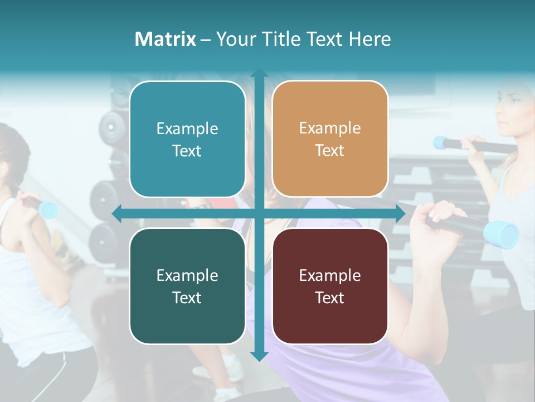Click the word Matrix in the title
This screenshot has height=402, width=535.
165,39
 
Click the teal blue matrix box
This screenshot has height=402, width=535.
187,139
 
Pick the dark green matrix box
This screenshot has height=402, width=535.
187,286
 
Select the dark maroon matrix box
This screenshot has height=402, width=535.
330,286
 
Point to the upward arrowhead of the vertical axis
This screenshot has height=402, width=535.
259,74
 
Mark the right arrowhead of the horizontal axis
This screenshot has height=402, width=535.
400,213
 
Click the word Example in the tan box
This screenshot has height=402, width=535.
330,128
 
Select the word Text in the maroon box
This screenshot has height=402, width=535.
330,298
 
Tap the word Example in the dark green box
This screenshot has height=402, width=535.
187,275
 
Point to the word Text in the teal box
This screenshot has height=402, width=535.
187,151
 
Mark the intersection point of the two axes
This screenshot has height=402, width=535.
259,213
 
